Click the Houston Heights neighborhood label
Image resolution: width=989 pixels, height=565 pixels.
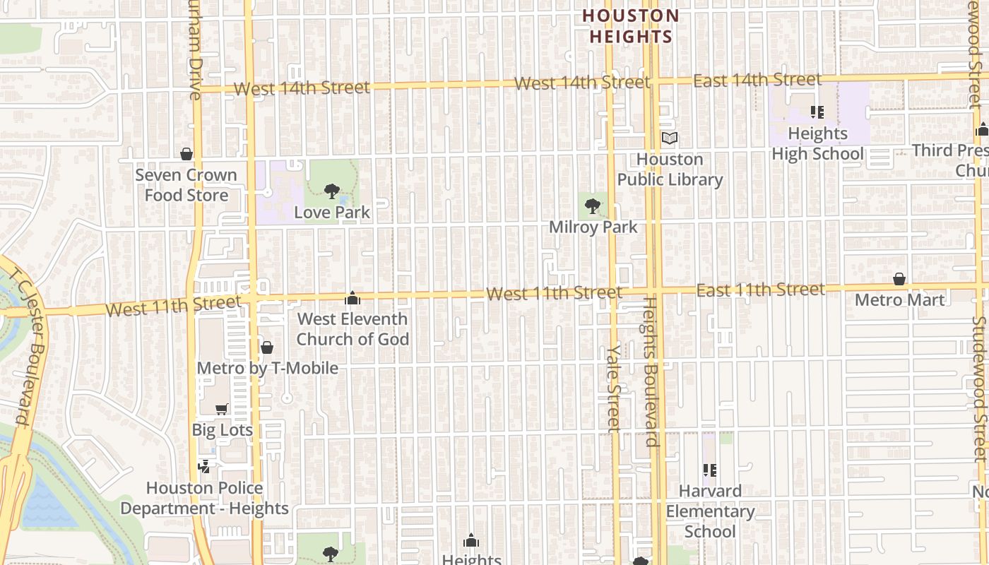(631, 26)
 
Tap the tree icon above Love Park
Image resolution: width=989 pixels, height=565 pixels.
(331, 191)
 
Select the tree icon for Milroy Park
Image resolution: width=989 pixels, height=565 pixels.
(593, 206)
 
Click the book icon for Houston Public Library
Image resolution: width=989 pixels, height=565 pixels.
(669, 138)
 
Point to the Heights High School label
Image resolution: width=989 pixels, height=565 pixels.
(817, 143)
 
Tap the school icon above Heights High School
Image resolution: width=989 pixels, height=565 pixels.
(817, 112)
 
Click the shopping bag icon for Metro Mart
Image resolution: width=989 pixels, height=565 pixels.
(899, 279)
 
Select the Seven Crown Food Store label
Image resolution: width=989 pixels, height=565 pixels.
(186, 185)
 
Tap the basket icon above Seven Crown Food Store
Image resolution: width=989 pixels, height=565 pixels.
(186, 154)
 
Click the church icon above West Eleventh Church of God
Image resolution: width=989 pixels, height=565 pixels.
(352, 299)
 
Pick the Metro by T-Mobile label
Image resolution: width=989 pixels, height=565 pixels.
(267, 368)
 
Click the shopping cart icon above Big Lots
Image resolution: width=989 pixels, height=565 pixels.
(221, 409)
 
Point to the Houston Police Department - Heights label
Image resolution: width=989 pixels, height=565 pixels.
(204, 498)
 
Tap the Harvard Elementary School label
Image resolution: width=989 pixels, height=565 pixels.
(710, 511)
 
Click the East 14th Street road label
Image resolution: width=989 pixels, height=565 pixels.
(757, 81)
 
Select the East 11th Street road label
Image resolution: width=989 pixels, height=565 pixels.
(760, 290)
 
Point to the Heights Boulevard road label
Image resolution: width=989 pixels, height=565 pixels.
(651, 371)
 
